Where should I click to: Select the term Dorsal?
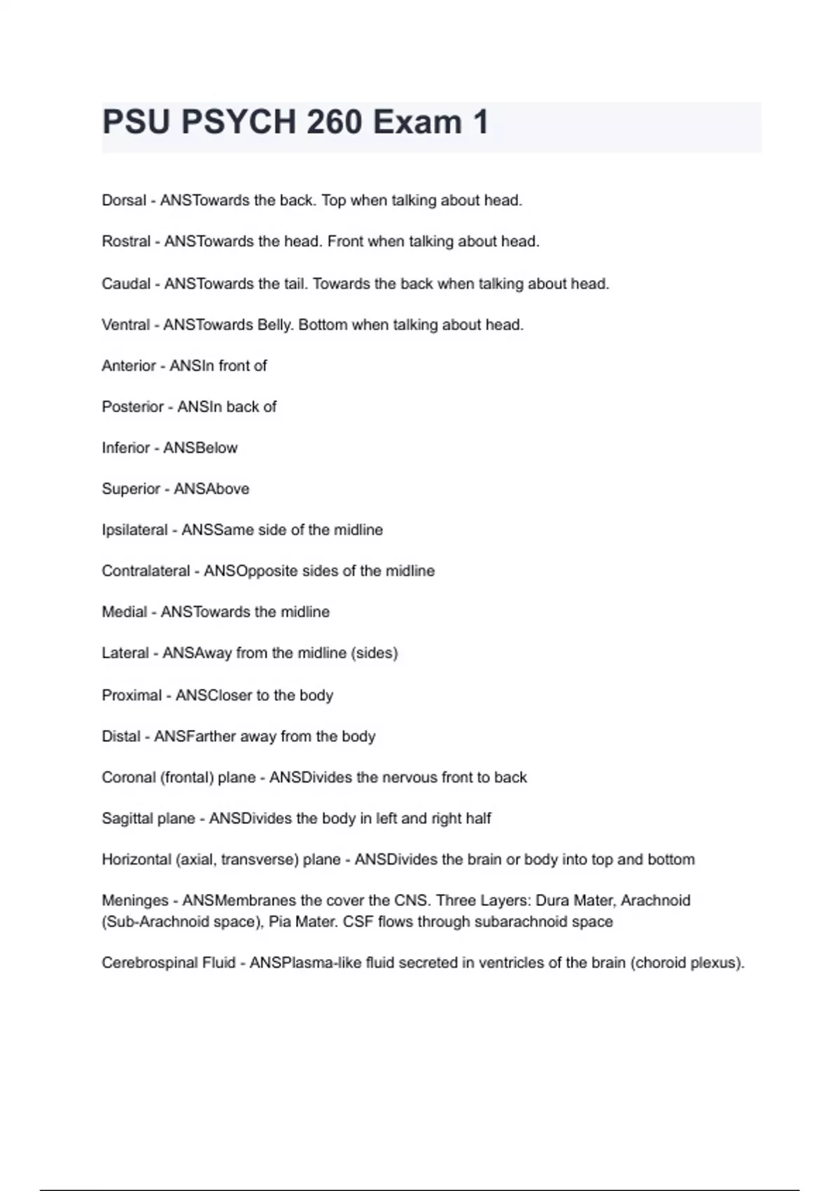124,200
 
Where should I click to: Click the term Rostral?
126,242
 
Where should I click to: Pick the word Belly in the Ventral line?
275,325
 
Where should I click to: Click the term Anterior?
129,366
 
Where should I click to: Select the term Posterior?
132,407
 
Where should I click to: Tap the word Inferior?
126,448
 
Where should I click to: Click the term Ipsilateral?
134,530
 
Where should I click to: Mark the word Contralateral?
146,571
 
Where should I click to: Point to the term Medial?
124,612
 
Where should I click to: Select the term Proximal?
132,696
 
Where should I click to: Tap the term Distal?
121,736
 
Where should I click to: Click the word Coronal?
129,778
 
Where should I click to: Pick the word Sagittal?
129,818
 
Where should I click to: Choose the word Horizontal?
136,860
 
